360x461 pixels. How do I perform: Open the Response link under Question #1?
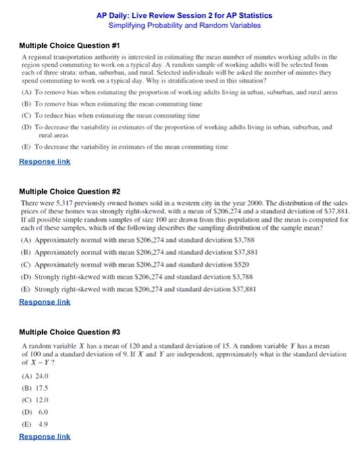click(x=45, y=161)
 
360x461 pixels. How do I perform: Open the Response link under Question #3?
click(x=45, y=436)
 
